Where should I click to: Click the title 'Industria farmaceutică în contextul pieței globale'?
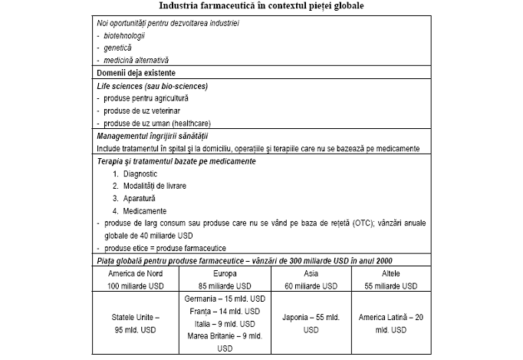[x=261, y=6]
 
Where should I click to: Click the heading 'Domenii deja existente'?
[x=137, y=73]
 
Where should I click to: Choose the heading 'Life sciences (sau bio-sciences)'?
[x=153, y=86]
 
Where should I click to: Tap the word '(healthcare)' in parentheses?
[x=189, y=123]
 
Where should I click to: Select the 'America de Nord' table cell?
[x=135, y=273]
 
